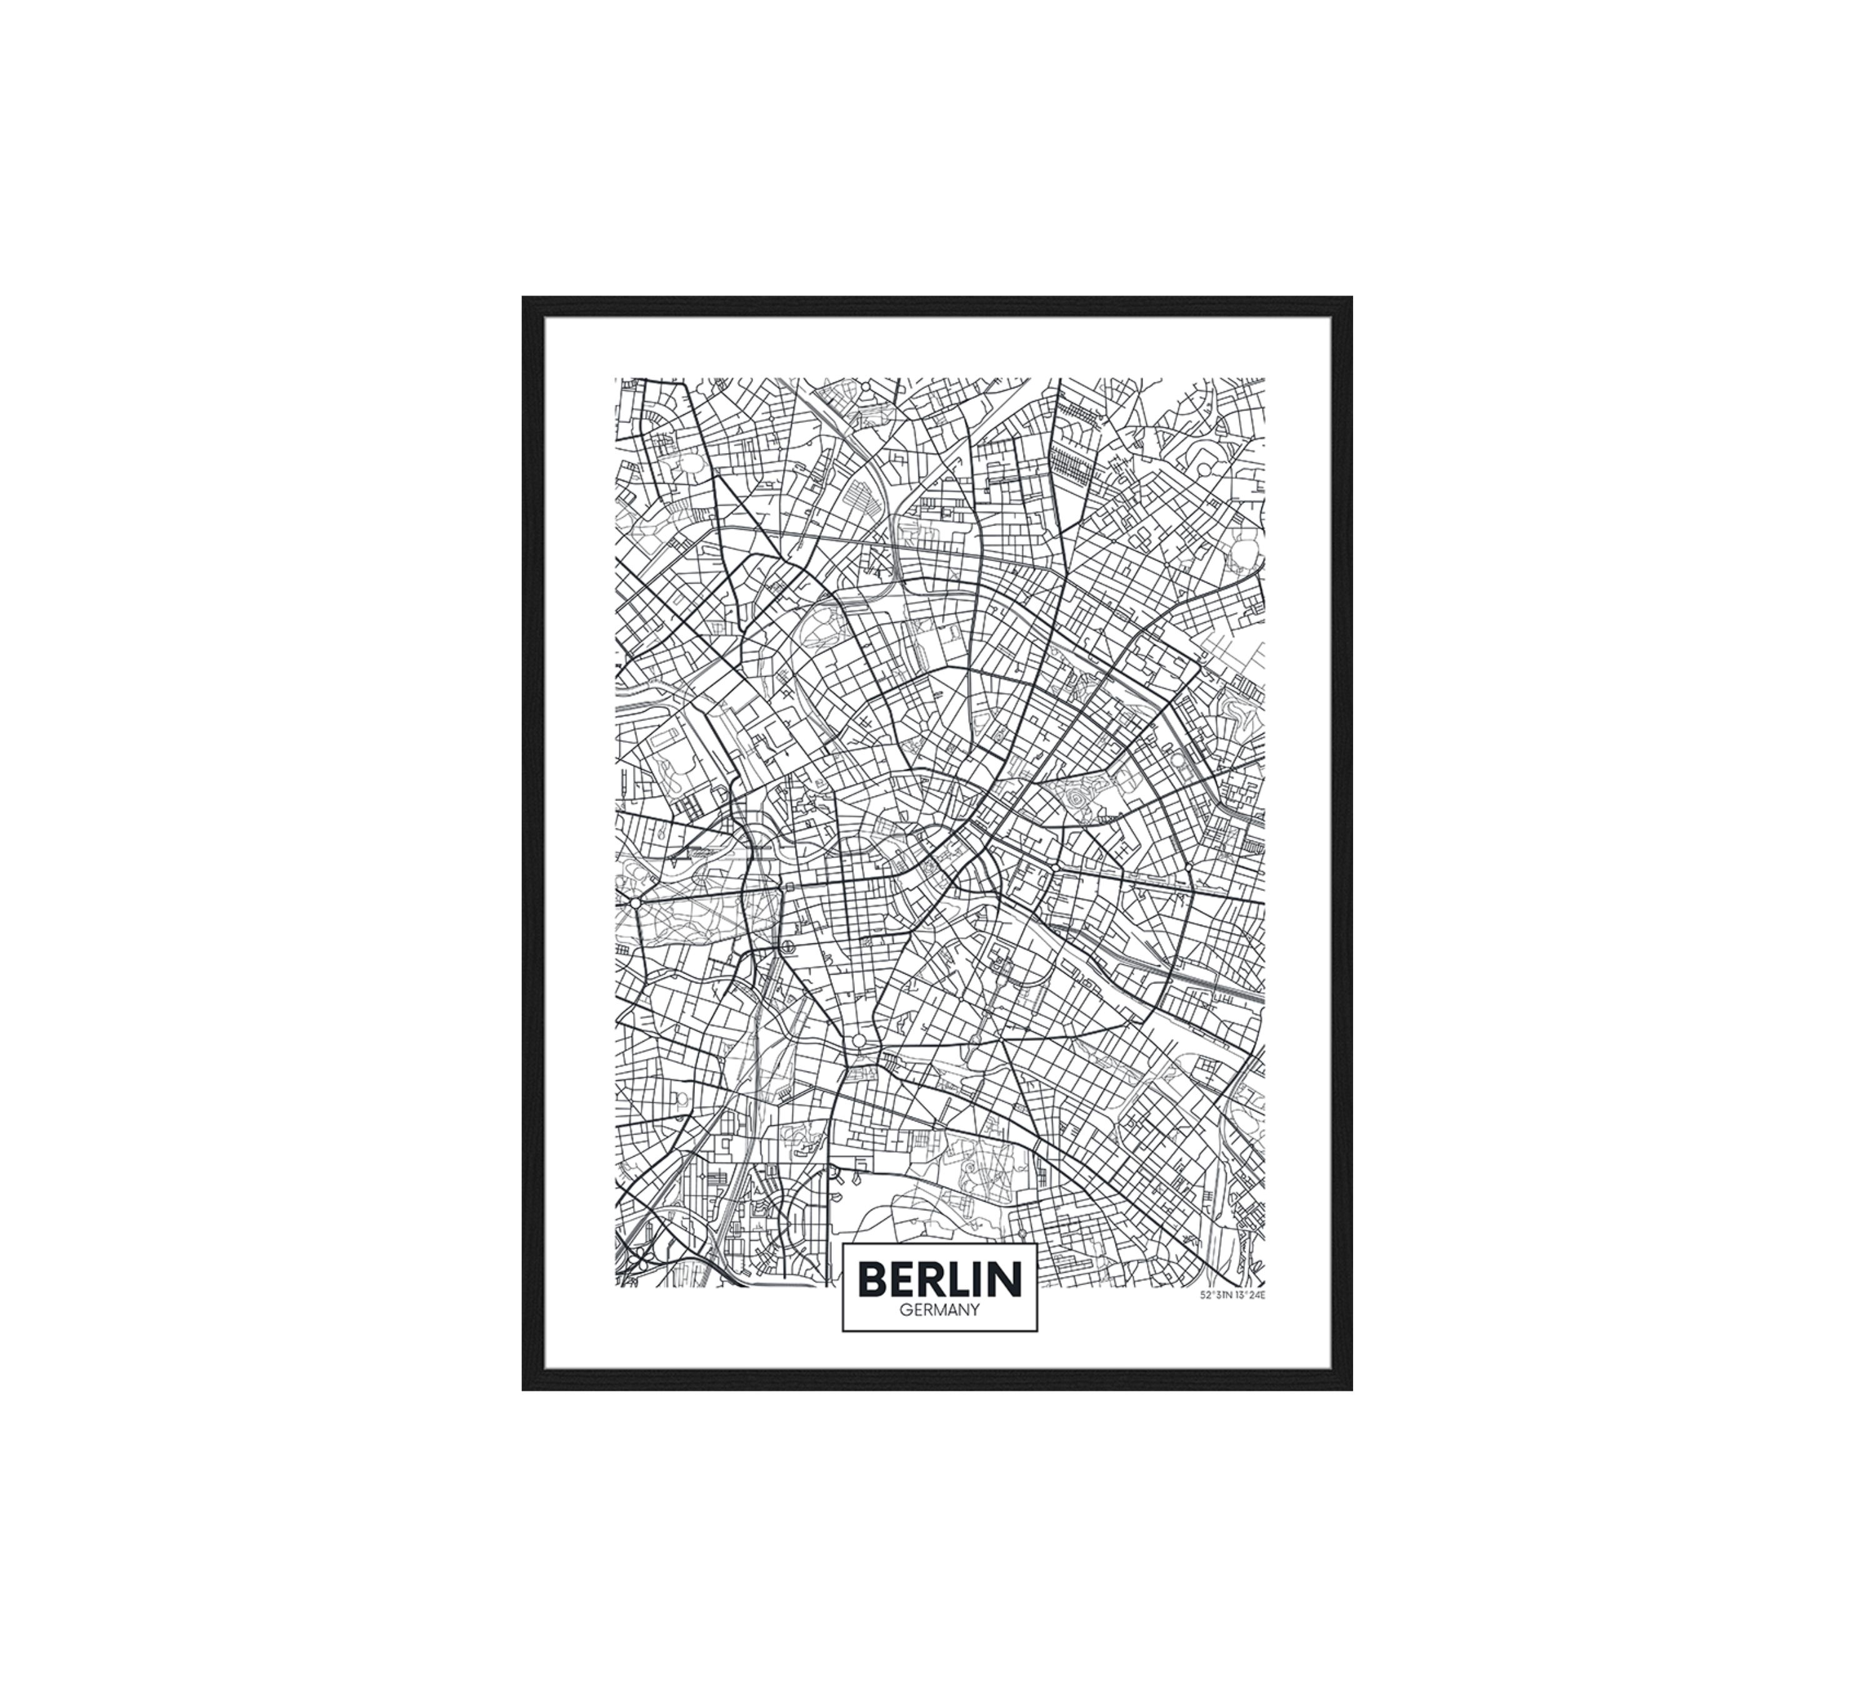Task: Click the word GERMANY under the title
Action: [939, 1311]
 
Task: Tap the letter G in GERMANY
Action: [905, 1311]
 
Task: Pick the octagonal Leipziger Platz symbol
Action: [788, 947]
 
